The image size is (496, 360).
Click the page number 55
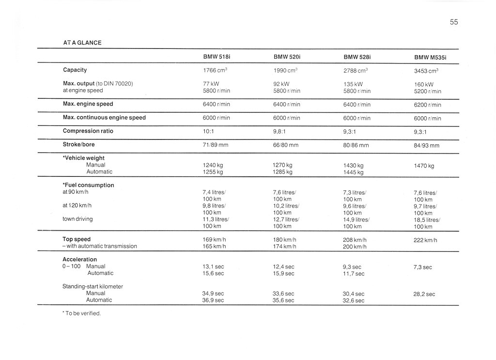pos(453,22)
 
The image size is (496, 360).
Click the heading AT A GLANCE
pos(82,43)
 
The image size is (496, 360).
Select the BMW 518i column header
pos(217,57)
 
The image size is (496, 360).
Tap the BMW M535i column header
pos(430,57)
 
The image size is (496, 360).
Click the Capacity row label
pos(75,70)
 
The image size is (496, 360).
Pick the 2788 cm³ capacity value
pos(356,70)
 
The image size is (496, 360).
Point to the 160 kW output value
pos(423,84)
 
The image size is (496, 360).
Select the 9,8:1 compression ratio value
pos(281,131)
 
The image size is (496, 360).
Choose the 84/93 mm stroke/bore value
pos(426,145)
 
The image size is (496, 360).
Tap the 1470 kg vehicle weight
pos(424,166)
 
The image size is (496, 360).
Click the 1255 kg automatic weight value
pos(213,172)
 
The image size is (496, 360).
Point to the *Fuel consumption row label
pos(88,185)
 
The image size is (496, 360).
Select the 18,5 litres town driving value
pos(426,220)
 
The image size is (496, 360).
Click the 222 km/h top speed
pos(425,240)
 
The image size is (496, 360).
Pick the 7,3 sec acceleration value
pos(422,267)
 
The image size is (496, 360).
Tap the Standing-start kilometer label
pos(93,286)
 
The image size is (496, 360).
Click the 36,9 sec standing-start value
pos(213,300)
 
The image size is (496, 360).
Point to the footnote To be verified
pos(82,313)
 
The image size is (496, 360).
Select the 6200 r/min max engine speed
pos(427,105)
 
